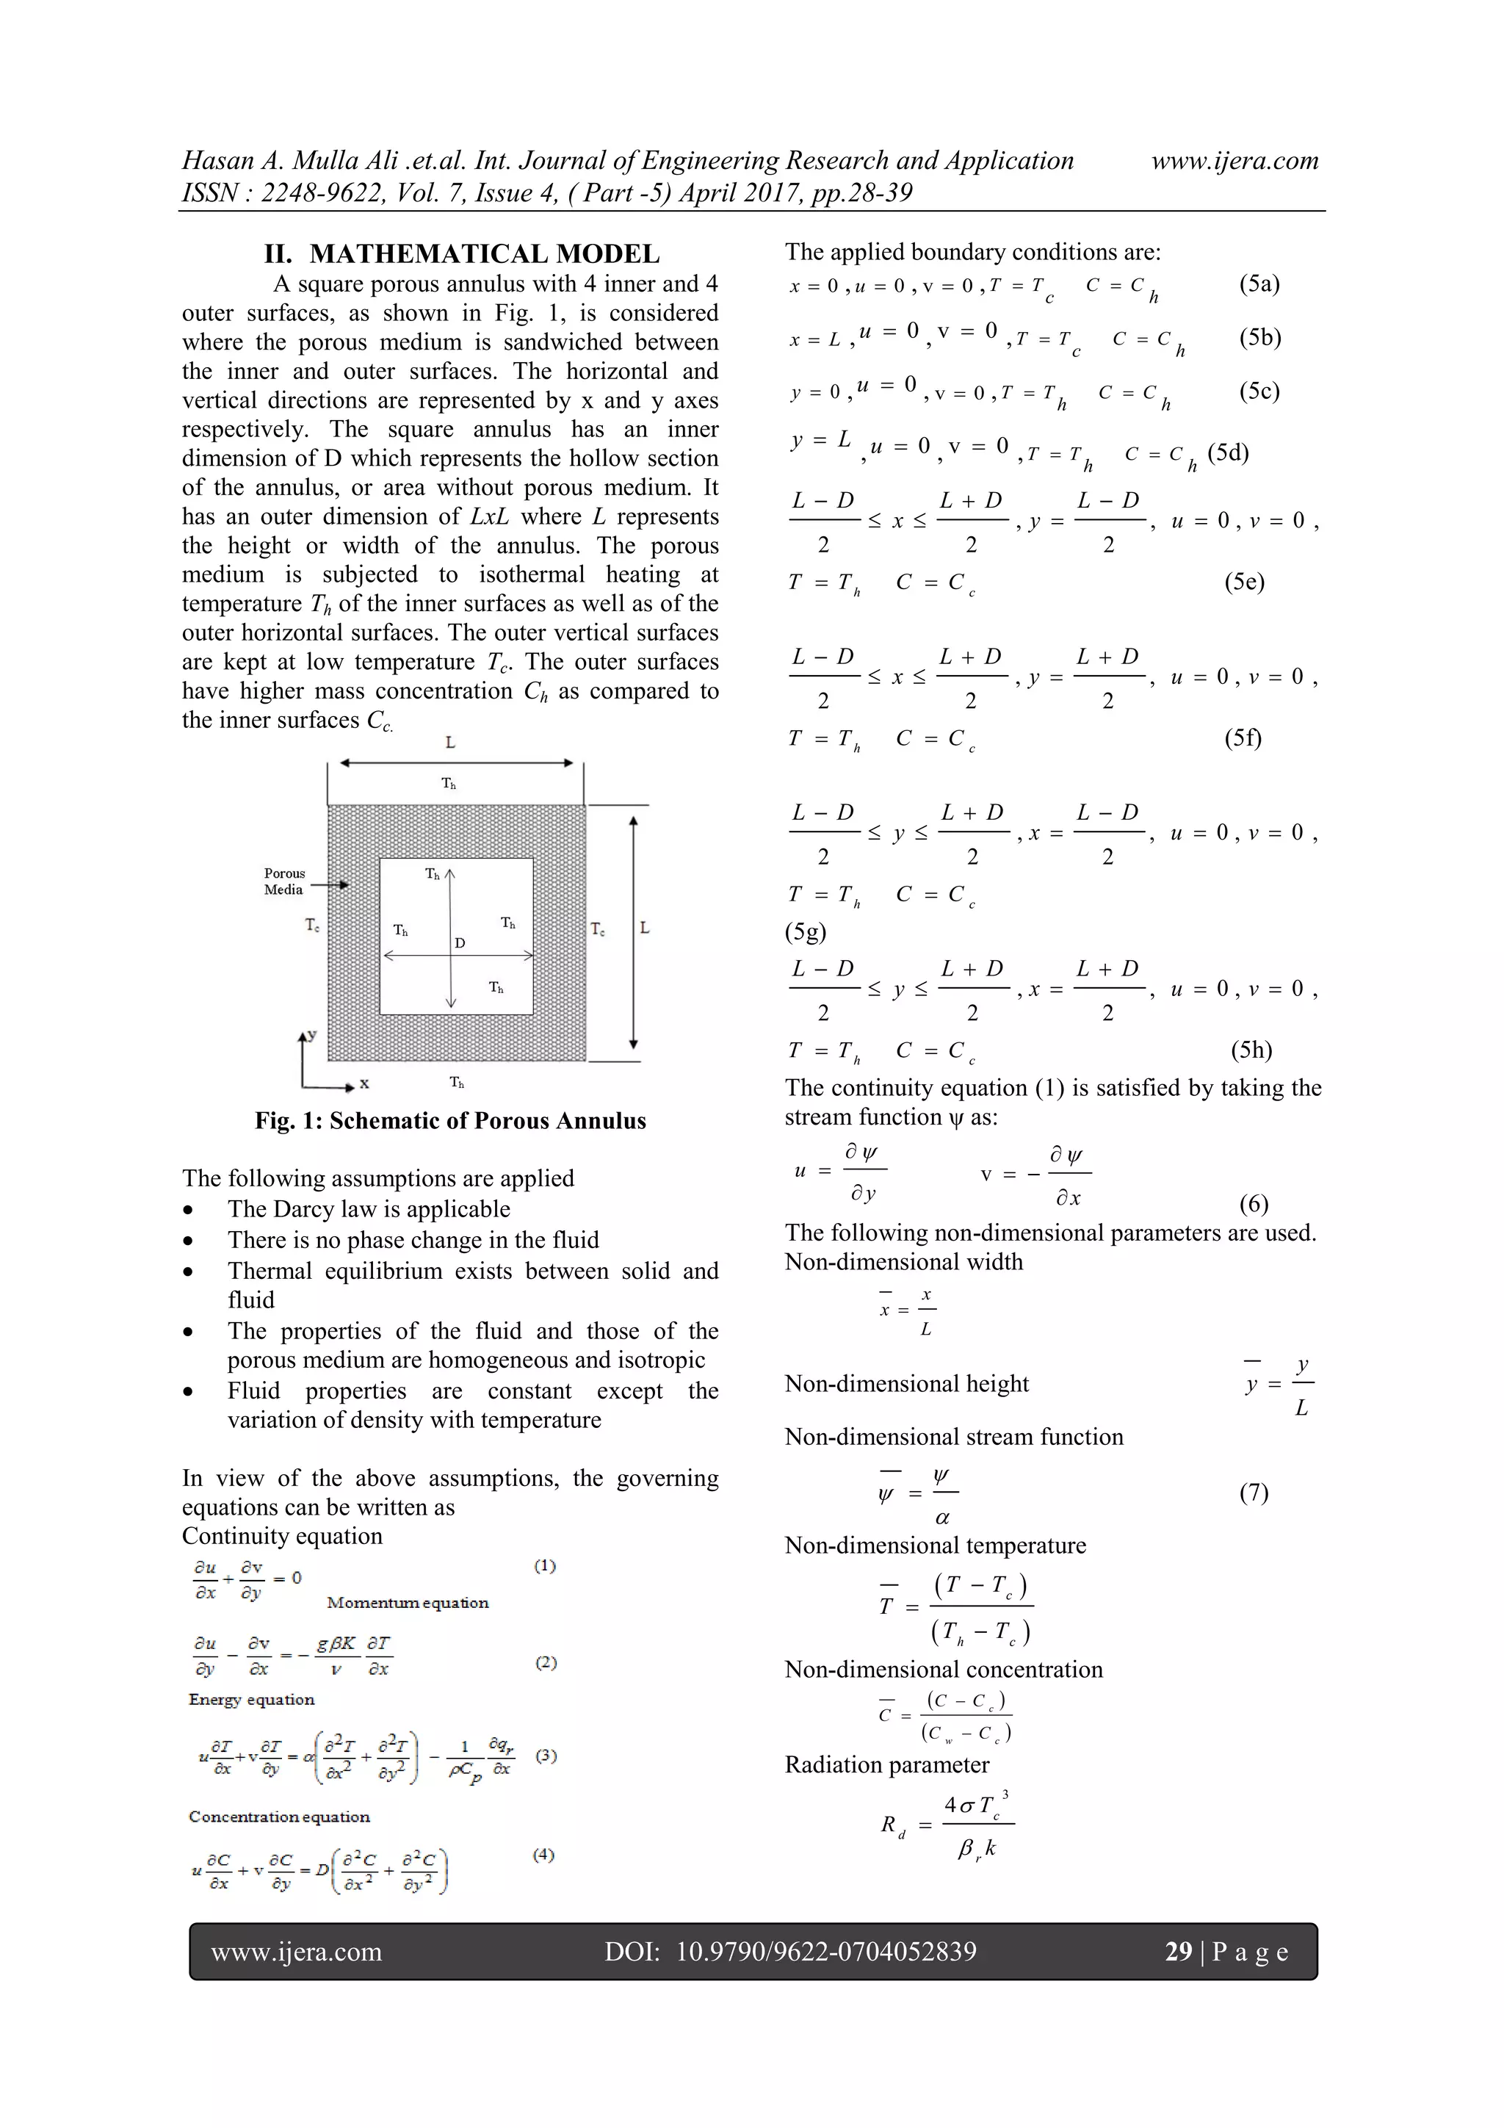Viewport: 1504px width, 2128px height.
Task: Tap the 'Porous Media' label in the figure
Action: click(x=283, y=881)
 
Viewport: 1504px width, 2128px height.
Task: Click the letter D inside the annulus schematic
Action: click(x=460, y=942)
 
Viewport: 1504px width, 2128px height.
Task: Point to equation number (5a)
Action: click(x=1259, y=284)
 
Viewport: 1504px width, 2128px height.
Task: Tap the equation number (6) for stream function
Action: click(x=1253, y=1203)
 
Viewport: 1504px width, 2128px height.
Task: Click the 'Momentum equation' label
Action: click(x=408, y=1603)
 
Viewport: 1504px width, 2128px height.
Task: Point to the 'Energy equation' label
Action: click(x=251, y=1699)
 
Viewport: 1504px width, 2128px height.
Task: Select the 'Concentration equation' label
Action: click(x=279, y=1817)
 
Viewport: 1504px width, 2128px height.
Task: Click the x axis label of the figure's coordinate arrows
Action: click(x=364, y=1083)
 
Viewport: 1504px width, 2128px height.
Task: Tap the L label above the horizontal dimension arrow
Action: click(x=450, y=743)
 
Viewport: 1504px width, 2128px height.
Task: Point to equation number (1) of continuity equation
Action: click(x=545, y=1565)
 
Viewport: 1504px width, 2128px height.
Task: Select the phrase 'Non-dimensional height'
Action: click(x=906, y=1384)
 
